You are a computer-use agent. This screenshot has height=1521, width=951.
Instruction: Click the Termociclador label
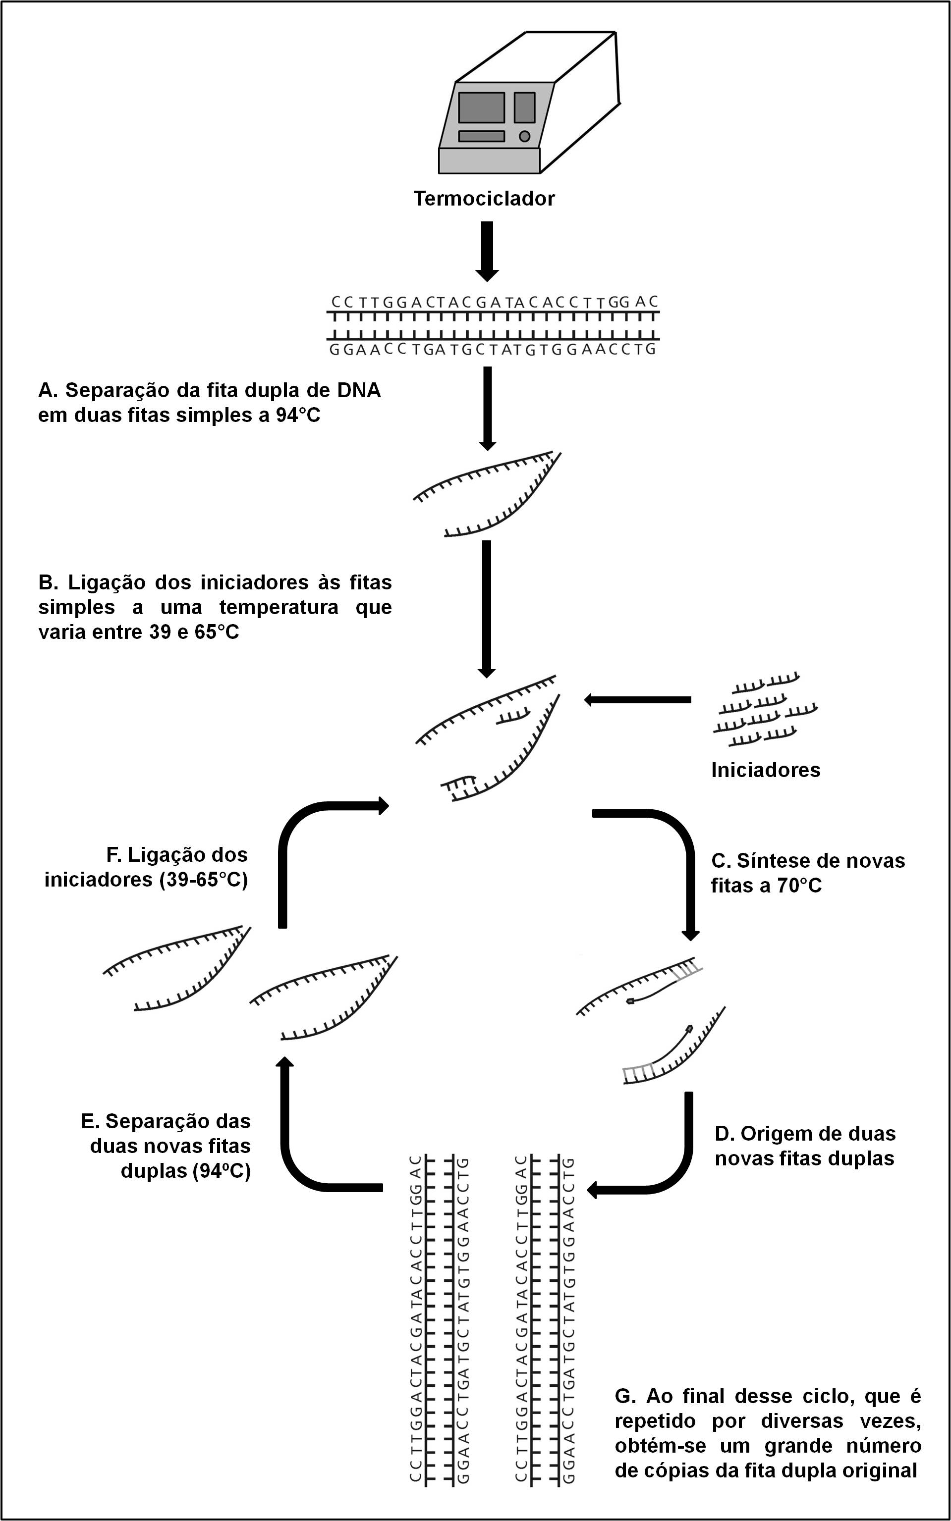pos(484,199)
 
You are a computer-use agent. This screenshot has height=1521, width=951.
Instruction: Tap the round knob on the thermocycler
pos(524,136)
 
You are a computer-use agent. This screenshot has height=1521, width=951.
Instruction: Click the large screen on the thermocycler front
pos(481,107)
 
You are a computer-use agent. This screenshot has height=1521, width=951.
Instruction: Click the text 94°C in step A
pos(297,416)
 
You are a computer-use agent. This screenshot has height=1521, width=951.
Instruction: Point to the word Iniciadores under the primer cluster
pos(766,770)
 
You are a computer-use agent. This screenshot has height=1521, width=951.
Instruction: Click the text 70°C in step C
pos(799,886)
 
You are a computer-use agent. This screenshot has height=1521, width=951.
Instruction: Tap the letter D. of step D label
pos(725,1133)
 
